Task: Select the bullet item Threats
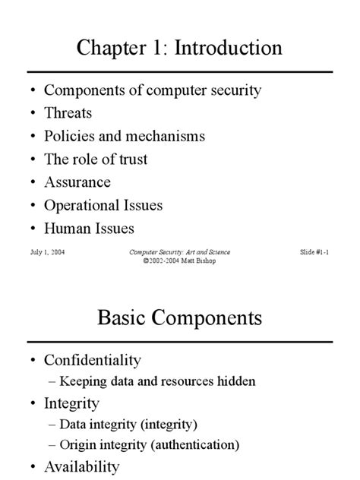(68, 113)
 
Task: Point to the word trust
(130, 159)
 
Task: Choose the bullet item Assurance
(77, 182)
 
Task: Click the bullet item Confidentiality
(93, 358)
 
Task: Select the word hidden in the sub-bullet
(234, 381)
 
